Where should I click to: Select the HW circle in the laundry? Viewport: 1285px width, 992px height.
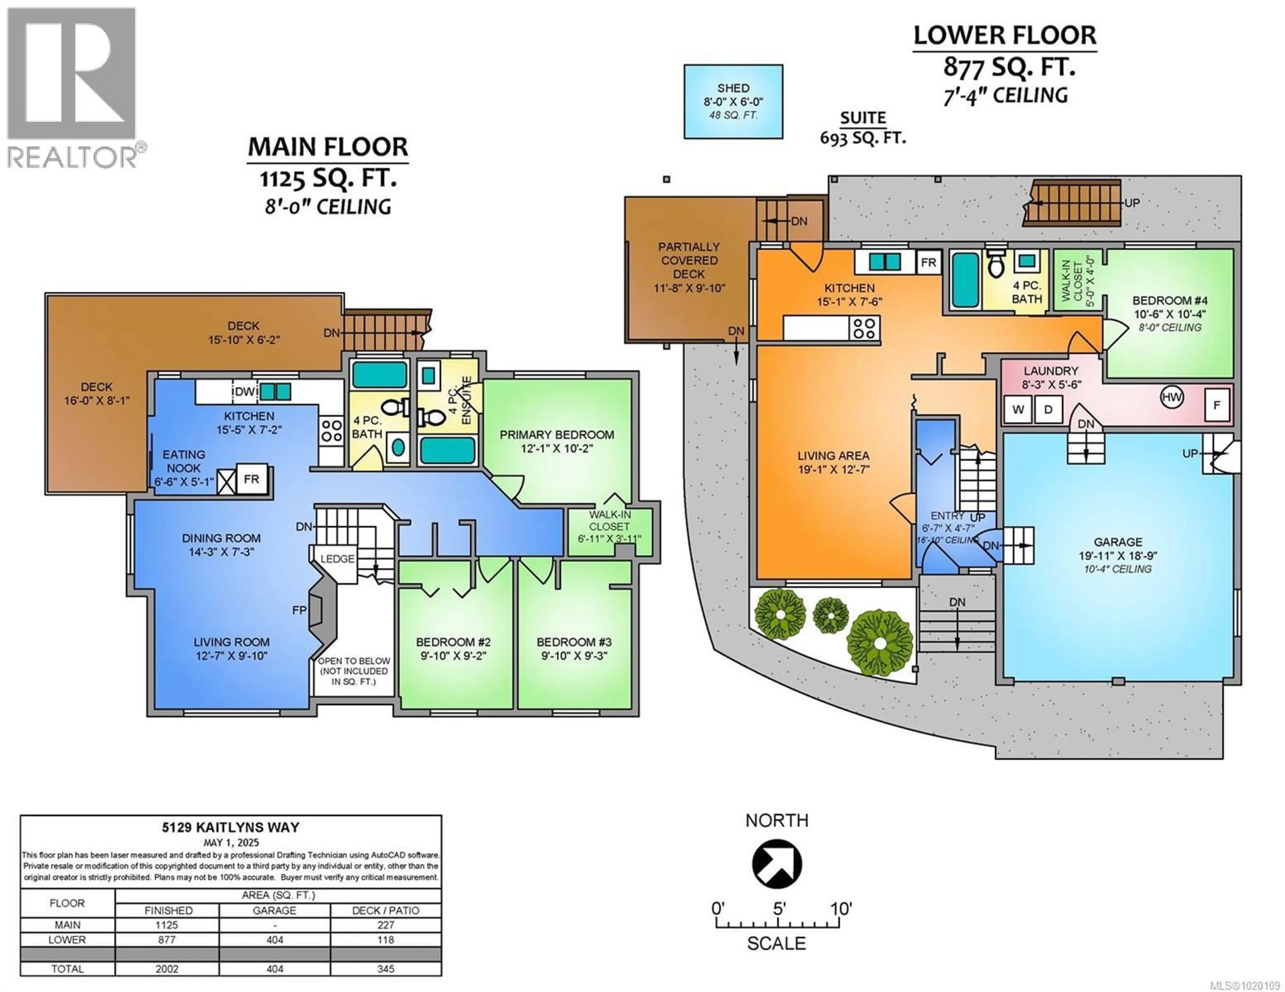1172,397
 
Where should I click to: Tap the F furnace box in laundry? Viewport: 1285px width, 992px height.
1217,405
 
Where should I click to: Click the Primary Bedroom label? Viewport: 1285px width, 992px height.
556,435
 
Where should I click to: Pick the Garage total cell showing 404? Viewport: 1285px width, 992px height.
275,969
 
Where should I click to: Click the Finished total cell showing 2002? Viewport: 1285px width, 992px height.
167,969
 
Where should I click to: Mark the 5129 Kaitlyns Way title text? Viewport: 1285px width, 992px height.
231,828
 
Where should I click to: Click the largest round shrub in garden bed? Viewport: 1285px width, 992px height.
880,643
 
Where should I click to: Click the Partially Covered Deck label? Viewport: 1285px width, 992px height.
689,260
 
